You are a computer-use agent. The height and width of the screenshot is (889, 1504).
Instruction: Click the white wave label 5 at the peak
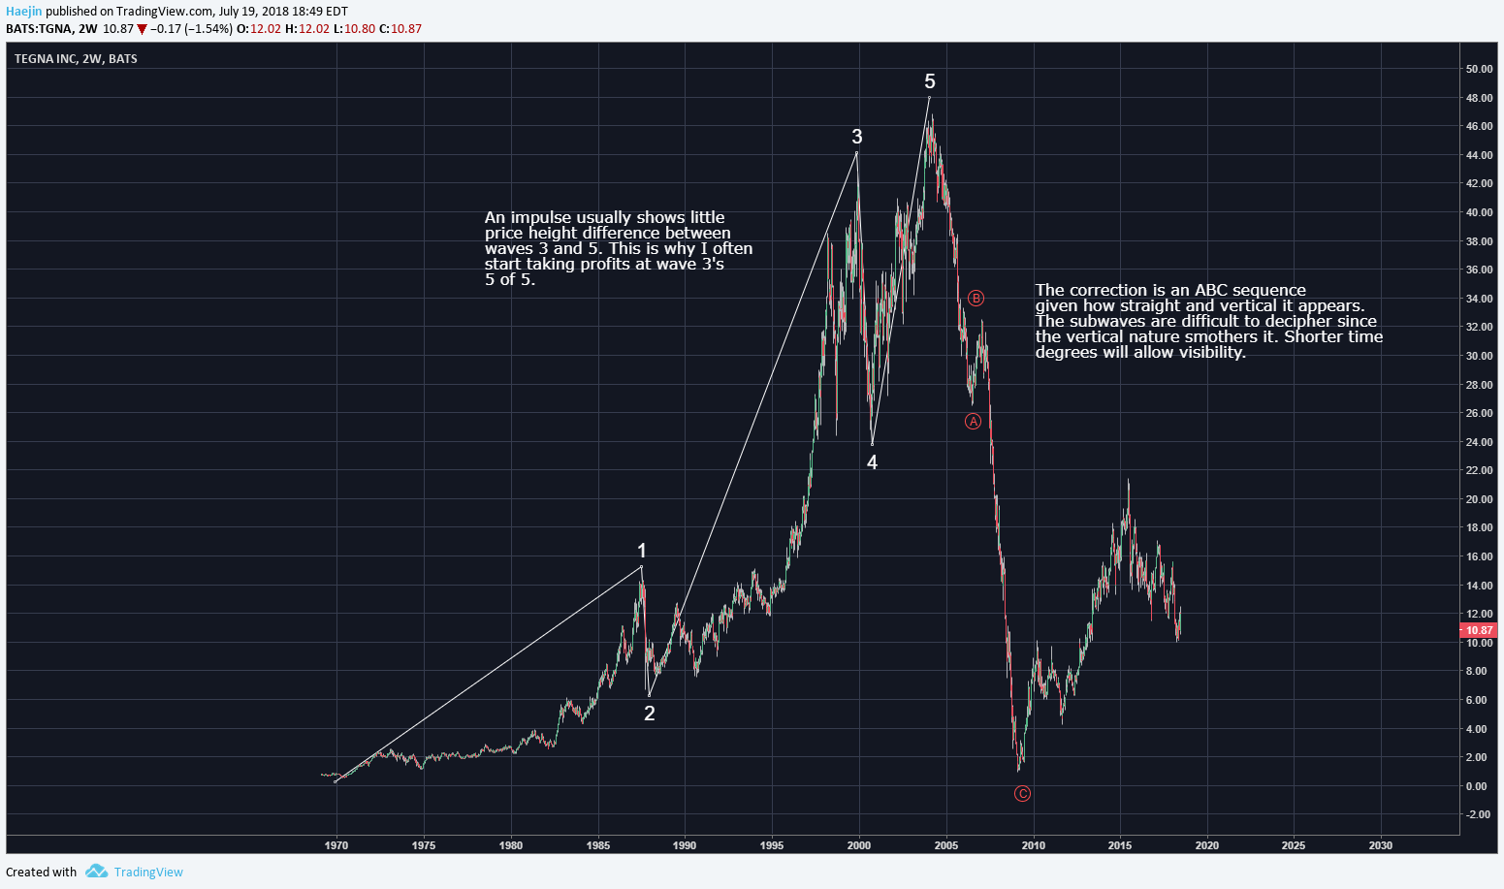tap(930, 81)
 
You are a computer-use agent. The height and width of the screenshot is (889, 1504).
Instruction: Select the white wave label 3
tap(857, 137)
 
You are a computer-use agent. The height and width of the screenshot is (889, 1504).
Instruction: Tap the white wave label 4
tap(872, 462)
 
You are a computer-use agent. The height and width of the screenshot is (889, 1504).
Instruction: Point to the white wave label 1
tap(642, 551)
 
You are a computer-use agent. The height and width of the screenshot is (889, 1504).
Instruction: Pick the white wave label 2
tap(650, 714)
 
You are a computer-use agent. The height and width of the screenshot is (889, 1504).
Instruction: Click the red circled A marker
tap(973, 421)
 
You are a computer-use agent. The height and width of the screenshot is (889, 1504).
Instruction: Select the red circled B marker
tap(976, 298)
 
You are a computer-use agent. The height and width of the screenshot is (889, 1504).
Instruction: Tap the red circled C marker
tap(1022, 793)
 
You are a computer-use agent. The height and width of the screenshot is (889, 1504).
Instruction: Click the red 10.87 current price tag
tap(1478, 629)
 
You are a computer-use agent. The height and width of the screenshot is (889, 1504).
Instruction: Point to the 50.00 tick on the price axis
tap(1479, 69)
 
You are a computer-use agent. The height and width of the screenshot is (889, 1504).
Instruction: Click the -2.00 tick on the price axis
tap(1478, 814)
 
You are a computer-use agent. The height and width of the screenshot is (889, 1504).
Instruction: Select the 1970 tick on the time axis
tap(336, 845)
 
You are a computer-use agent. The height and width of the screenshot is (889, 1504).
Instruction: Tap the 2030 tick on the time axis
tap(1380, 845)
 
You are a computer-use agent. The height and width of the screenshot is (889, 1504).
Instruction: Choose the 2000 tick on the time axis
tap(859, 845)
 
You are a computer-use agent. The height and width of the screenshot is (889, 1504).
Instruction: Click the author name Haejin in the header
tap(23, 12)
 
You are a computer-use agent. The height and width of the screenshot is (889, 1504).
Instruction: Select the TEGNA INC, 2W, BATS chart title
tap(76, 59)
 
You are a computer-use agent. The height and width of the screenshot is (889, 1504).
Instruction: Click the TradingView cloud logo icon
tap(96, 872)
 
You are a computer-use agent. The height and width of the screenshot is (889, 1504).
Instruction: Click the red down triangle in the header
tap(142, 29)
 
